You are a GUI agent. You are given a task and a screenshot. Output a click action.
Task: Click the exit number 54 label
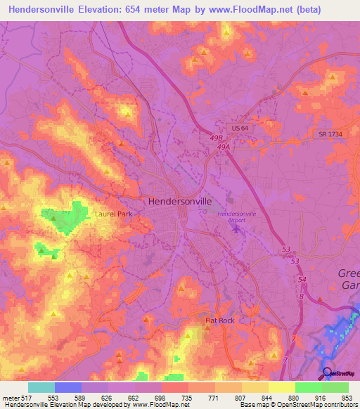(302, 280)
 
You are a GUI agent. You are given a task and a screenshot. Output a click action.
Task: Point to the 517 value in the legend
(28, 397)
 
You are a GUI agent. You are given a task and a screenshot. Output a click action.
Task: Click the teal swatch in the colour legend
(41, 387)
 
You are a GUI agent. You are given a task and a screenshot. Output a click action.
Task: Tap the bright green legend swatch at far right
(335, 387)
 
